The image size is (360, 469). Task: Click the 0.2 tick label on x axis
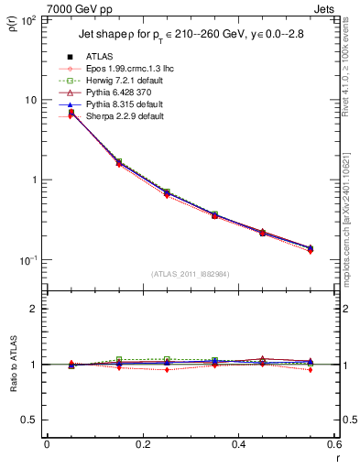(142, 444)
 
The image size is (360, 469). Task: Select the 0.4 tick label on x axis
(238, 444)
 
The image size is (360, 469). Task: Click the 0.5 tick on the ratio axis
(30, 420)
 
